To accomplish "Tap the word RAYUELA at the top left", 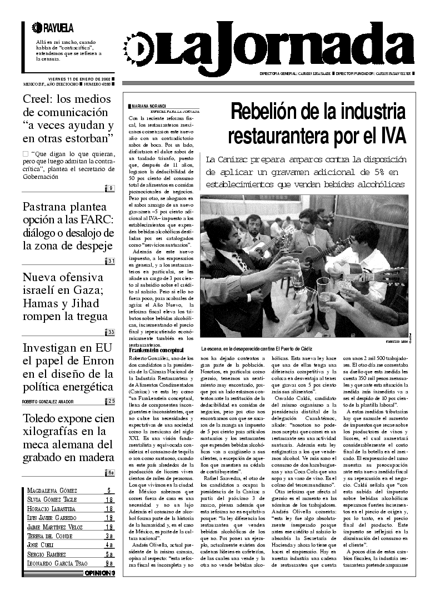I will click(58, 28).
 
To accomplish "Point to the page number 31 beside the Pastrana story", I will click(111, 261).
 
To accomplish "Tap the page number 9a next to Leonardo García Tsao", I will click(109, 563).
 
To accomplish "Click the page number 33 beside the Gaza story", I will click(111, 332).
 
